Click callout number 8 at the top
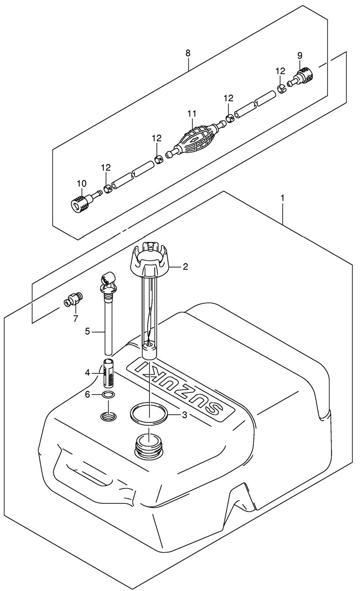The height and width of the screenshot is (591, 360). pos(188,53)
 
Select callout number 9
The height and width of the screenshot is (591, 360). pos(299,56)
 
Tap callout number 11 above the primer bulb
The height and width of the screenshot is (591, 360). pos(191,114)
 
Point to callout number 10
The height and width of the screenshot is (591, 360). pos(81,183)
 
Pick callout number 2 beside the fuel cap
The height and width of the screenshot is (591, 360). pos(185,267)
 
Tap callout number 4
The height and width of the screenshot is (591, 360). pos(88,373)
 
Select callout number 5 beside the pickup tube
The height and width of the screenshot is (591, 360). pos(88,331)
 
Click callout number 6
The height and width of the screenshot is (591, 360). pos(88,395)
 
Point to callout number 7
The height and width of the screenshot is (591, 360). pos(75,319)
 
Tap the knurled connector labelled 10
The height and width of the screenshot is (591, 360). pos(81,205)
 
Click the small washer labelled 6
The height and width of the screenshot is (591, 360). pos(108,395)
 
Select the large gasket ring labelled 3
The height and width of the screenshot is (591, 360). pos(149,413)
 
